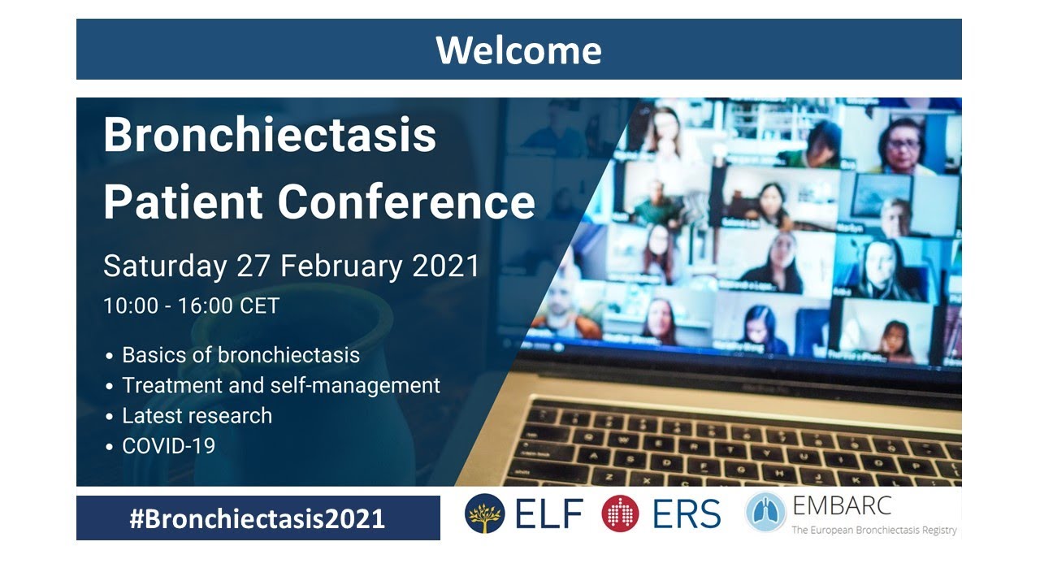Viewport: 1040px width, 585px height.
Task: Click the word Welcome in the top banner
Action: click(518, 50)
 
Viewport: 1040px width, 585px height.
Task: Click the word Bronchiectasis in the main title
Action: click(270, 136)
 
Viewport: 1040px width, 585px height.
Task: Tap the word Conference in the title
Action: click(406, 201)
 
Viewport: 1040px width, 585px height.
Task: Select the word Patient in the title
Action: click(183, 201)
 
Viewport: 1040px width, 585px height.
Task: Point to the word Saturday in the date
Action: click(165, 266)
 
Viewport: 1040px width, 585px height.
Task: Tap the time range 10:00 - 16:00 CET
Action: click(191, 306)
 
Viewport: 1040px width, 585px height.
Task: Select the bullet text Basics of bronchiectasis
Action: click(240, 355)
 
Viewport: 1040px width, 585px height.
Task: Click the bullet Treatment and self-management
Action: click(280, 385)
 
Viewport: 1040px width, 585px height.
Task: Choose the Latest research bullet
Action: click(197, 415)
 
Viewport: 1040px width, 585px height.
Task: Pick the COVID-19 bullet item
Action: click(168, 445)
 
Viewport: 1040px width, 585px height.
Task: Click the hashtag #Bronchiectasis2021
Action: click(257, 518)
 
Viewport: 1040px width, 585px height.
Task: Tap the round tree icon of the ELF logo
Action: click(484, 513)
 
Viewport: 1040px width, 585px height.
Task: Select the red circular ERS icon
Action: click(620, 513)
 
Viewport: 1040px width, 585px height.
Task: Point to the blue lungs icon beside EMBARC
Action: click(765, 513)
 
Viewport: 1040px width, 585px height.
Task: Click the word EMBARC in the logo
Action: click(841, 505)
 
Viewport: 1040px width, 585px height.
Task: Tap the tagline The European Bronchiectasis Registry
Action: click(874, 530)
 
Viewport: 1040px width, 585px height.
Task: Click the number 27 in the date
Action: click(253, 266)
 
